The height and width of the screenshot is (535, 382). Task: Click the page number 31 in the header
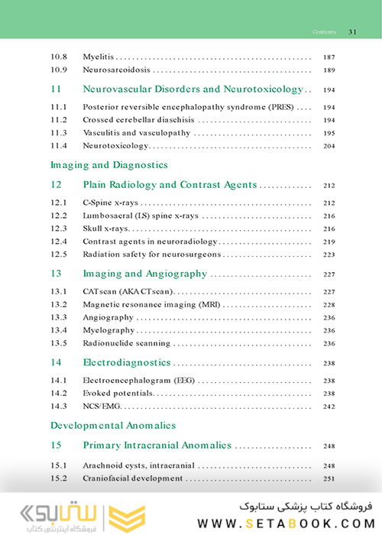(352, 32)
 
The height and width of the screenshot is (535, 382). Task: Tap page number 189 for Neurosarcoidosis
(329, 70)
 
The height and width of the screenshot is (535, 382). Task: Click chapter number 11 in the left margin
(56, 89)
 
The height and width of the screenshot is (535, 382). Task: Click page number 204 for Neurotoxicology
(329, 145)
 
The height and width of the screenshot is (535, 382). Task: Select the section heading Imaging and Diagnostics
(108, 165)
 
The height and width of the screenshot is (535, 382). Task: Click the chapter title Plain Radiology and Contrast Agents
(170, 185)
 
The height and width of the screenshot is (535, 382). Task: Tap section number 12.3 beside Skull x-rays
(59, 229)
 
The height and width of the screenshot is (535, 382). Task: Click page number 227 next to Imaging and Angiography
(329, 274)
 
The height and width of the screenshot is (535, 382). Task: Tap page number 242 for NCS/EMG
(329, 406)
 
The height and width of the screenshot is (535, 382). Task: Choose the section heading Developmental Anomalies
(112, 425)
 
